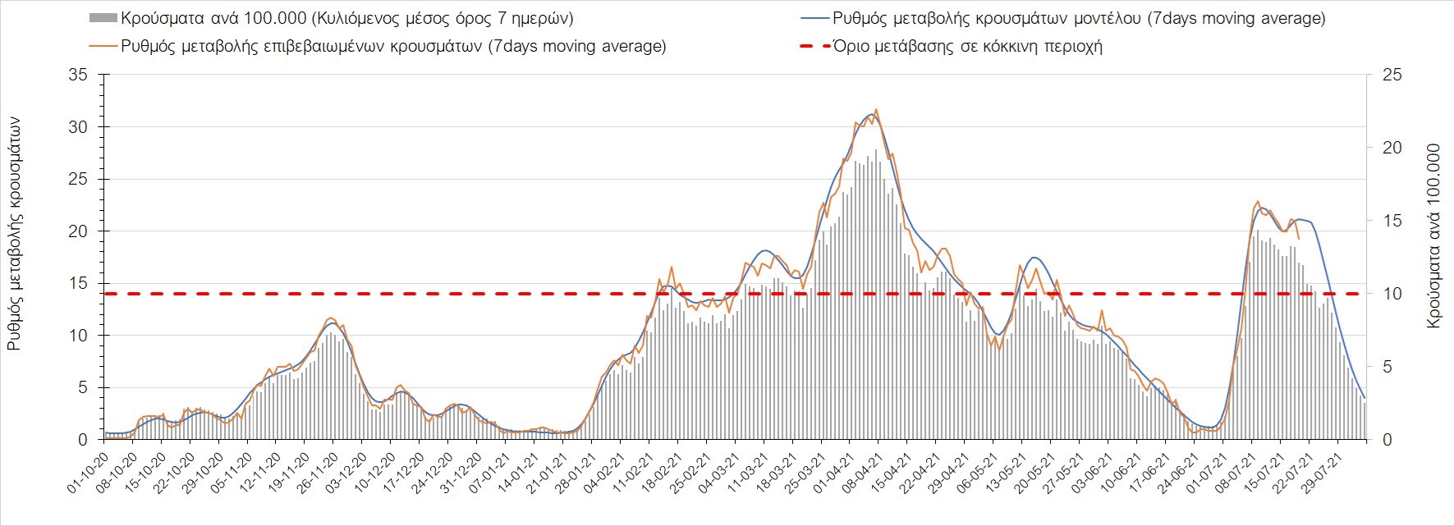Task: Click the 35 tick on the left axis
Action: pos(79,75)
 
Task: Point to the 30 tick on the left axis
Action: pos(79,127)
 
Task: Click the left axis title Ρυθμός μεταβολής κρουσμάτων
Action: pos(14,235)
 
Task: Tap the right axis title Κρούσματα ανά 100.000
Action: pos(1434,236)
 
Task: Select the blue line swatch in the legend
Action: pos(813,18)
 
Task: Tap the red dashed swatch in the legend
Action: pos(813,46)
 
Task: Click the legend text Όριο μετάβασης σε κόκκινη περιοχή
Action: pos(967,46)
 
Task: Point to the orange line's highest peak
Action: pos(876,109)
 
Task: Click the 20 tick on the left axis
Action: pos(79,231)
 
